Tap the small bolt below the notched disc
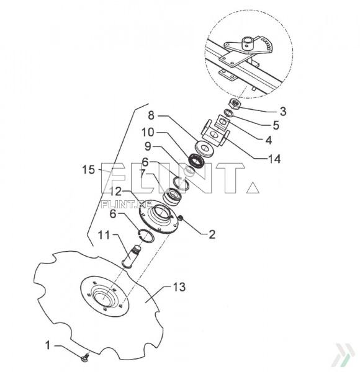click(85, 356)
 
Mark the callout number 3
click(282, 112)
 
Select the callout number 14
click(274, 159)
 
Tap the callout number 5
click(275, 125)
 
